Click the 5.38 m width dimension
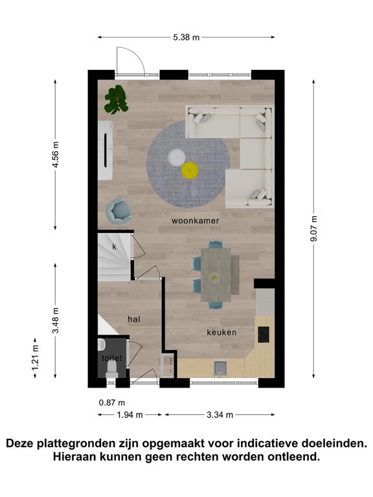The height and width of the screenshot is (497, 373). [186, 38]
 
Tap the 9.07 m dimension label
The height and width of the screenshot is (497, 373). [313, 228]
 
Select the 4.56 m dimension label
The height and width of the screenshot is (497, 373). [56, 155]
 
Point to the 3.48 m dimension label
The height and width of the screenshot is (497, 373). [56, 320]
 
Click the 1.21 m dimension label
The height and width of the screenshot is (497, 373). [35, 357]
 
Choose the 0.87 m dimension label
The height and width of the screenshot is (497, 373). [112, 403]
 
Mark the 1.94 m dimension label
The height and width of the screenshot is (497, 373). [130, 415]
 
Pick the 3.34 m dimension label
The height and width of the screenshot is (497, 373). [220, 415]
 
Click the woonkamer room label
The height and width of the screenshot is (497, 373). [195, 221]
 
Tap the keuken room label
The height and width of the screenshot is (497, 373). [221, 332]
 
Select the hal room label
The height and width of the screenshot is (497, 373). [134, 319]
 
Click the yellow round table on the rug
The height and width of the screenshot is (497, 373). [190, 170]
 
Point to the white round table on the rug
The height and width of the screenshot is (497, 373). [176, 157]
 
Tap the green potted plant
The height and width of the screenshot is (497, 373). [117, 99]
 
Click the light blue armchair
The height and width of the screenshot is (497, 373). [119, 210]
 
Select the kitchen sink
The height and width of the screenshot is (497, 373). [221, 368]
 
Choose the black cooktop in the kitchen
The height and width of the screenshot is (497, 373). [264, 335]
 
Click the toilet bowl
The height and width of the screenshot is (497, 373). [112, 370]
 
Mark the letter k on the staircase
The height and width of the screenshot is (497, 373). [114, 247]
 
